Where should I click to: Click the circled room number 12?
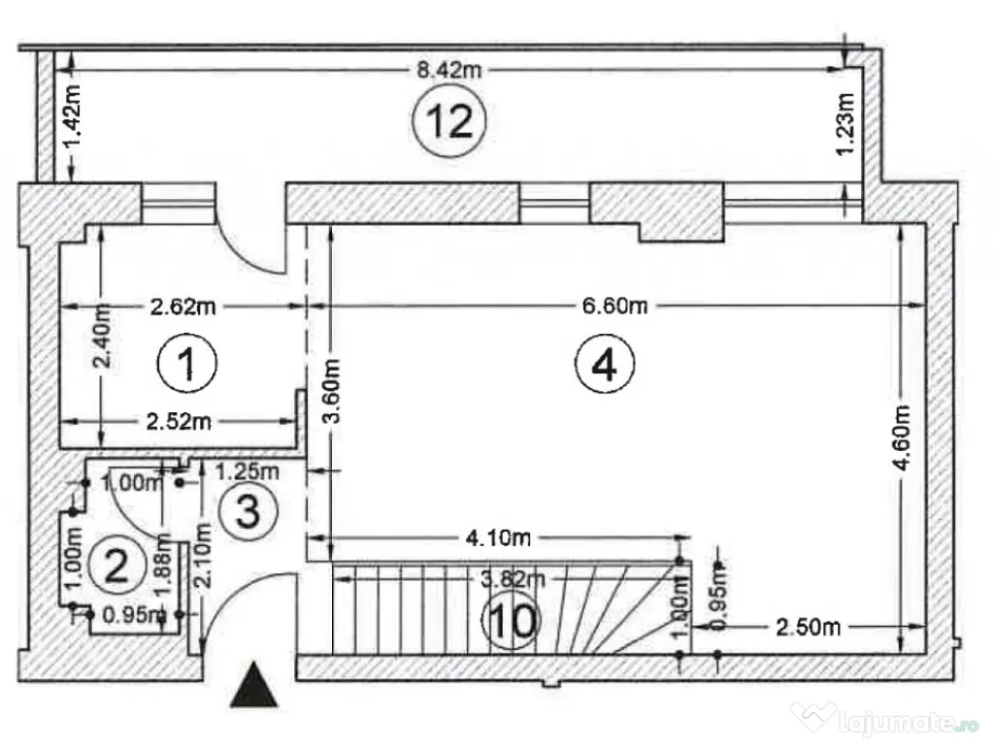pyautogui.click(x=448, y=120)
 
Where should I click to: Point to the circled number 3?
pyautogui.click(x=247, y=510)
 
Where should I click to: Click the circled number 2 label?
pyautogui.click(x=116, y=564)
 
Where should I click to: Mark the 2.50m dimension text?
pyautogui.click(x=808, y=627)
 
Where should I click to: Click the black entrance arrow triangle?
pyautogui.click(x=254, y=685)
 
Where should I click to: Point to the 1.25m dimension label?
pyautogui.click(x=247, y=472)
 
